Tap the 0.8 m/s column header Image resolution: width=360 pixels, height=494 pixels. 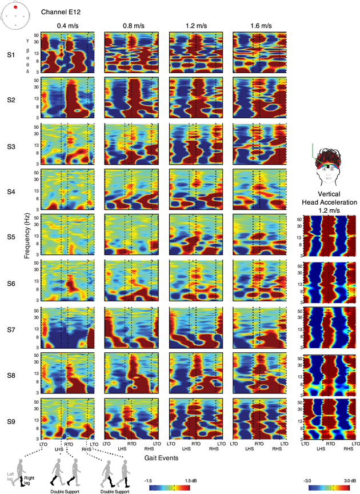pyautogui.click(x=133, y=26)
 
